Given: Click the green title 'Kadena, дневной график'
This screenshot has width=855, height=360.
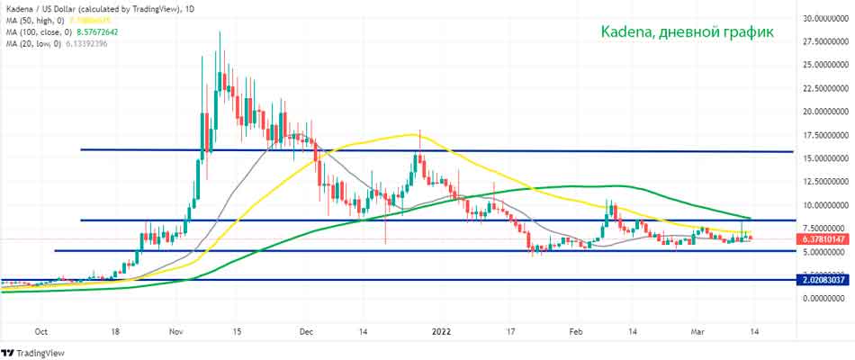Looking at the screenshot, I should coord(687,32).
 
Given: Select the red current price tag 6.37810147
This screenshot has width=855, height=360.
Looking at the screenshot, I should coord(823,240).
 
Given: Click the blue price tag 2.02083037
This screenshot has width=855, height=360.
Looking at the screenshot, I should coord(823,281).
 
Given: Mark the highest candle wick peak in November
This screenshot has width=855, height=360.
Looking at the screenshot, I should coord(220,32).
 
